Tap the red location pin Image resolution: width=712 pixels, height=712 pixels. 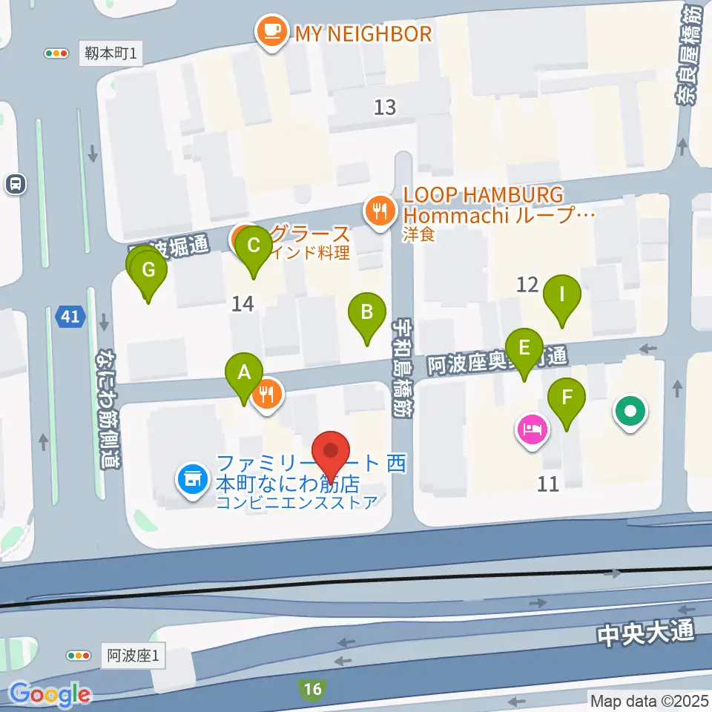330,453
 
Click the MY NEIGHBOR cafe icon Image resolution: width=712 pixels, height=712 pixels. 270,33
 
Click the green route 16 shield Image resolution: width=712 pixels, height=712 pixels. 313,690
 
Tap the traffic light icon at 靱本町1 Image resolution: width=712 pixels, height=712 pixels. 56,53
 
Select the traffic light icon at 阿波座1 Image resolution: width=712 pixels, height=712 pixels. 79,655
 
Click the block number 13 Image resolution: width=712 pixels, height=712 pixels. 385,108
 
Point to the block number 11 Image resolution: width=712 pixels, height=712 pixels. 548,484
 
